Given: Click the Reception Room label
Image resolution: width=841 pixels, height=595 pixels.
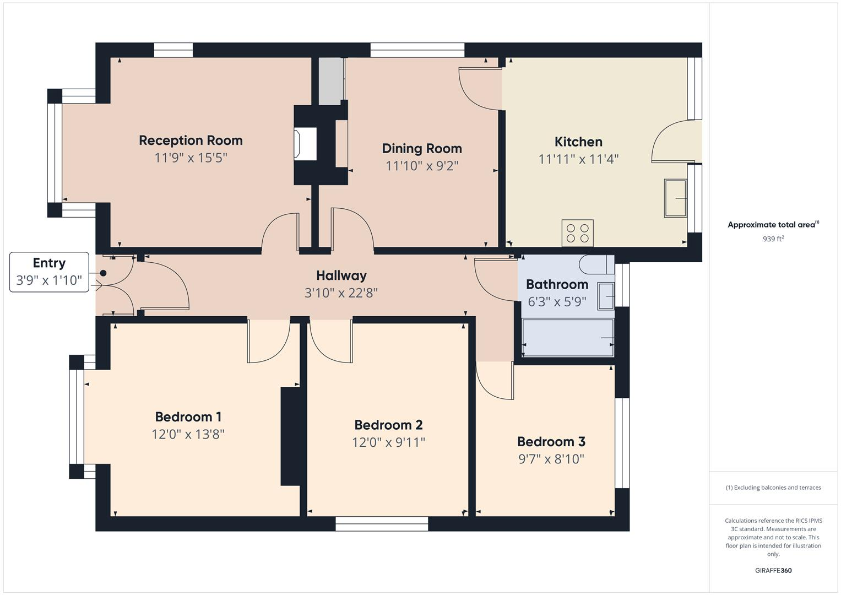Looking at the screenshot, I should (191, 140).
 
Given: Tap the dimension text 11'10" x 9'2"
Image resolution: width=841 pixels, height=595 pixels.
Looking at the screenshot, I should (422, 166).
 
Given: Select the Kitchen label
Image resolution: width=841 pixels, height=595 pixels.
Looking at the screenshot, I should (578, 142).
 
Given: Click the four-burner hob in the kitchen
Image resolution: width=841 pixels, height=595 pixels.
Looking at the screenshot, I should (577, 233).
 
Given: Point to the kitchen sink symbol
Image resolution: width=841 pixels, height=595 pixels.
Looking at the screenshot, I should (676, 198).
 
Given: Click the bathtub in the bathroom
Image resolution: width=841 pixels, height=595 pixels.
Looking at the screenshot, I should (568, 338).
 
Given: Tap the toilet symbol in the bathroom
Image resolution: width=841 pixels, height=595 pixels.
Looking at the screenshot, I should (596, 264).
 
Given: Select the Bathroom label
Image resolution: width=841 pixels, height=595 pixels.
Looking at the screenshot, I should (557, 284).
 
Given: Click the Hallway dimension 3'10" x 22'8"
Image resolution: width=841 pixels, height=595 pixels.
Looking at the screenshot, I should (341, 293).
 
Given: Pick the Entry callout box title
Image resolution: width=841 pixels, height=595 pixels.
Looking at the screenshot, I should (49, 263).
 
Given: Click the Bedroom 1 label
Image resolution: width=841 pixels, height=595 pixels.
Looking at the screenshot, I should (188, 417).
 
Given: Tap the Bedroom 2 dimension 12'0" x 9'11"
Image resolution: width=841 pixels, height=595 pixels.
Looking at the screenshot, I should (388, 442).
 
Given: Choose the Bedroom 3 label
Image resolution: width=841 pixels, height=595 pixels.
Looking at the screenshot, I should (551, 441).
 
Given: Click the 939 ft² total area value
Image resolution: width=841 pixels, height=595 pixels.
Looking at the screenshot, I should (773, 239).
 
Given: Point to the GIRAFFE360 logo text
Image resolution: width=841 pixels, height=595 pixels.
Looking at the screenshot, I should (773, 570).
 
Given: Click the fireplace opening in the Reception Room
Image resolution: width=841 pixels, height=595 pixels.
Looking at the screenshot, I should (306, 144).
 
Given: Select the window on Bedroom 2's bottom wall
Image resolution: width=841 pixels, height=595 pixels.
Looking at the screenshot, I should (382, 524).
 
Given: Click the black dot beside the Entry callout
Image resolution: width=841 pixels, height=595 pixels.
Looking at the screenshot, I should (103, 273).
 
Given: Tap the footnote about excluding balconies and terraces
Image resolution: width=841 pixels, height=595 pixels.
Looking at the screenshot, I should (773, 488).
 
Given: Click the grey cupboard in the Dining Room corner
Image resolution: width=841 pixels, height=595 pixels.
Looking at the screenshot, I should (331, 81).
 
